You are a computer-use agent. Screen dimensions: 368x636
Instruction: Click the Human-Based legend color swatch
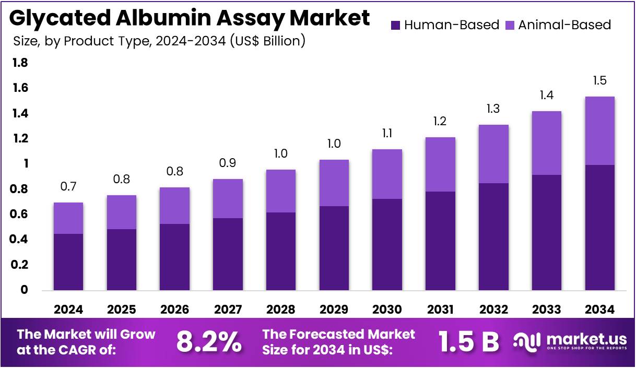[395, 25]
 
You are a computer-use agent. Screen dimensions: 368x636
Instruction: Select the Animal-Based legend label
[564, 25]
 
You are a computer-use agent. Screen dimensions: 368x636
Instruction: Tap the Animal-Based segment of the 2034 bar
[599, 130]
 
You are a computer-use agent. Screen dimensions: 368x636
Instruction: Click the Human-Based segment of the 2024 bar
[68, 262]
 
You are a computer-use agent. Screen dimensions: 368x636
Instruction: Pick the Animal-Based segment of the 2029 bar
[334, 183]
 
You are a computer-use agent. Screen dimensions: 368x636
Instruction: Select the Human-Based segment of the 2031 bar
[440, 241]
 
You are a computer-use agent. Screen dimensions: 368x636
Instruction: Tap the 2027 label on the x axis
[228, 310]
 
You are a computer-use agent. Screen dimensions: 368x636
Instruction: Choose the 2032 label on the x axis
[493, 310]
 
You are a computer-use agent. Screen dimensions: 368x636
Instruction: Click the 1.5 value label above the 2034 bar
[599, 81]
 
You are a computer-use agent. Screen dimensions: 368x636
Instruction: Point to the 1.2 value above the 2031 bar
[440, 122]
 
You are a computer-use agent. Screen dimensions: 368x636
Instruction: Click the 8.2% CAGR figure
[209, 342]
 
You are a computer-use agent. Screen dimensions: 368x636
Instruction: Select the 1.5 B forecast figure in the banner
[468, 342]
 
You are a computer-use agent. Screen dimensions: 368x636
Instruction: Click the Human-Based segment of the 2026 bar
[175, 257]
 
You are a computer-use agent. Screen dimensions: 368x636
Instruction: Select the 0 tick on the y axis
[24, 290]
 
